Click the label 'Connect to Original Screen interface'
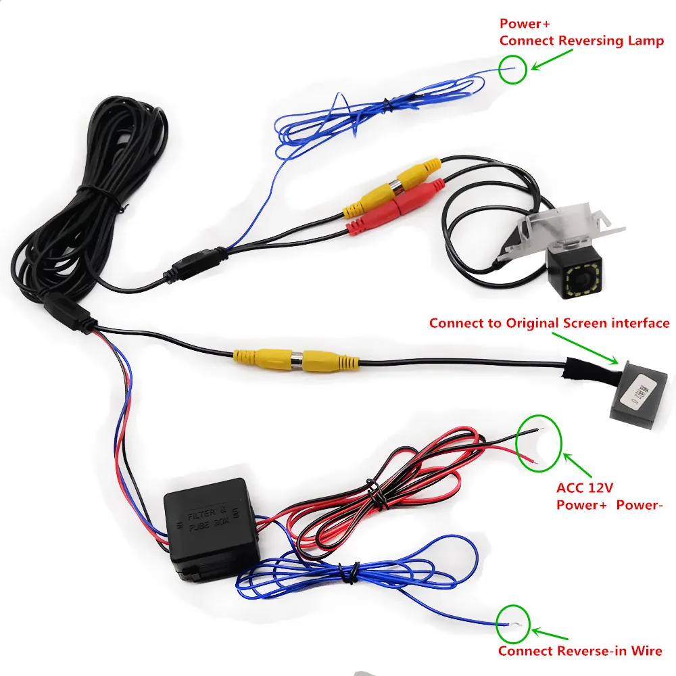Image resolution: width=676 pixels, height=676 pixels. (x=549, y=323)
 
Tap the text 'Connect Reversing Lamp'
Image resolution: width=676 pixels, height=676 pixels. (x=581, y=41)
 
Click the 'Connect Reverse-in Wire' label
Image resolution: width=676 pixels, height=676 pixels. (x=580, y=651)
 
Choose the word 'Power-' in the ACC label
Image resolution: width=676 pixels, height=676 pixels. (x=636, y=504)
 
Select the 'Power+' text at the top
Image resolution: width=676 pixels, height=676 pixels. (x=521, y=24)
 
